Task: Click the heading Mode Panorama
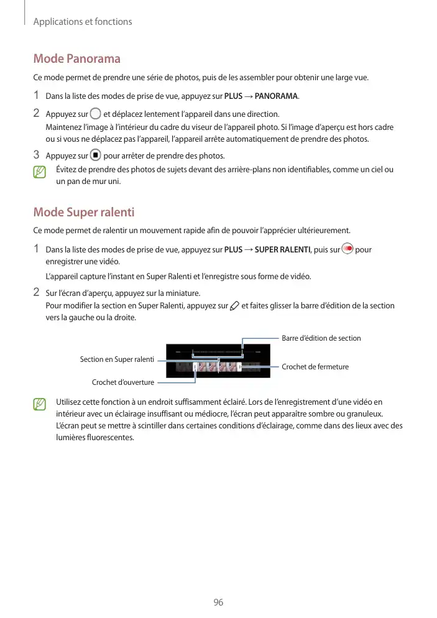click(x=76, y=59)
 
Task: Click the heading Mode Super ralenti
click(x=83, y=212)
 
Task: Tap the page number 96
click(x=218, y=602)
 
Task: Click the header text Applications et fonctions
click(x=83, y=22)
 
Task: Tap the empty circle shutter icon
click(x=95, y=113)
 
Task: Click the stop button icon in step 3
click(x=95, y=155)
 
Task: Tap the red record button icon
click(x=347, y=249)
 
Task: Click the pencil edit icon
click(x=234, y=305)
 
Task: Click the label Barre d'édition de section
click(x=321, y=338)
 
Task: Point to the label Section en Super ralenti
click(x=117, y=359)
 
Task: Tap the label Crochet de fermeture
click(x=315, y=367)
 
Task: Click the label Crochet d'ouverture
click(x=123, y=382)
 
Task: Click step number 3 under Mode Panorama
click(x=37, y=155)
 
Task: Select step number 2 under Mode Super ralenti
click(x=37, y=292)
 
